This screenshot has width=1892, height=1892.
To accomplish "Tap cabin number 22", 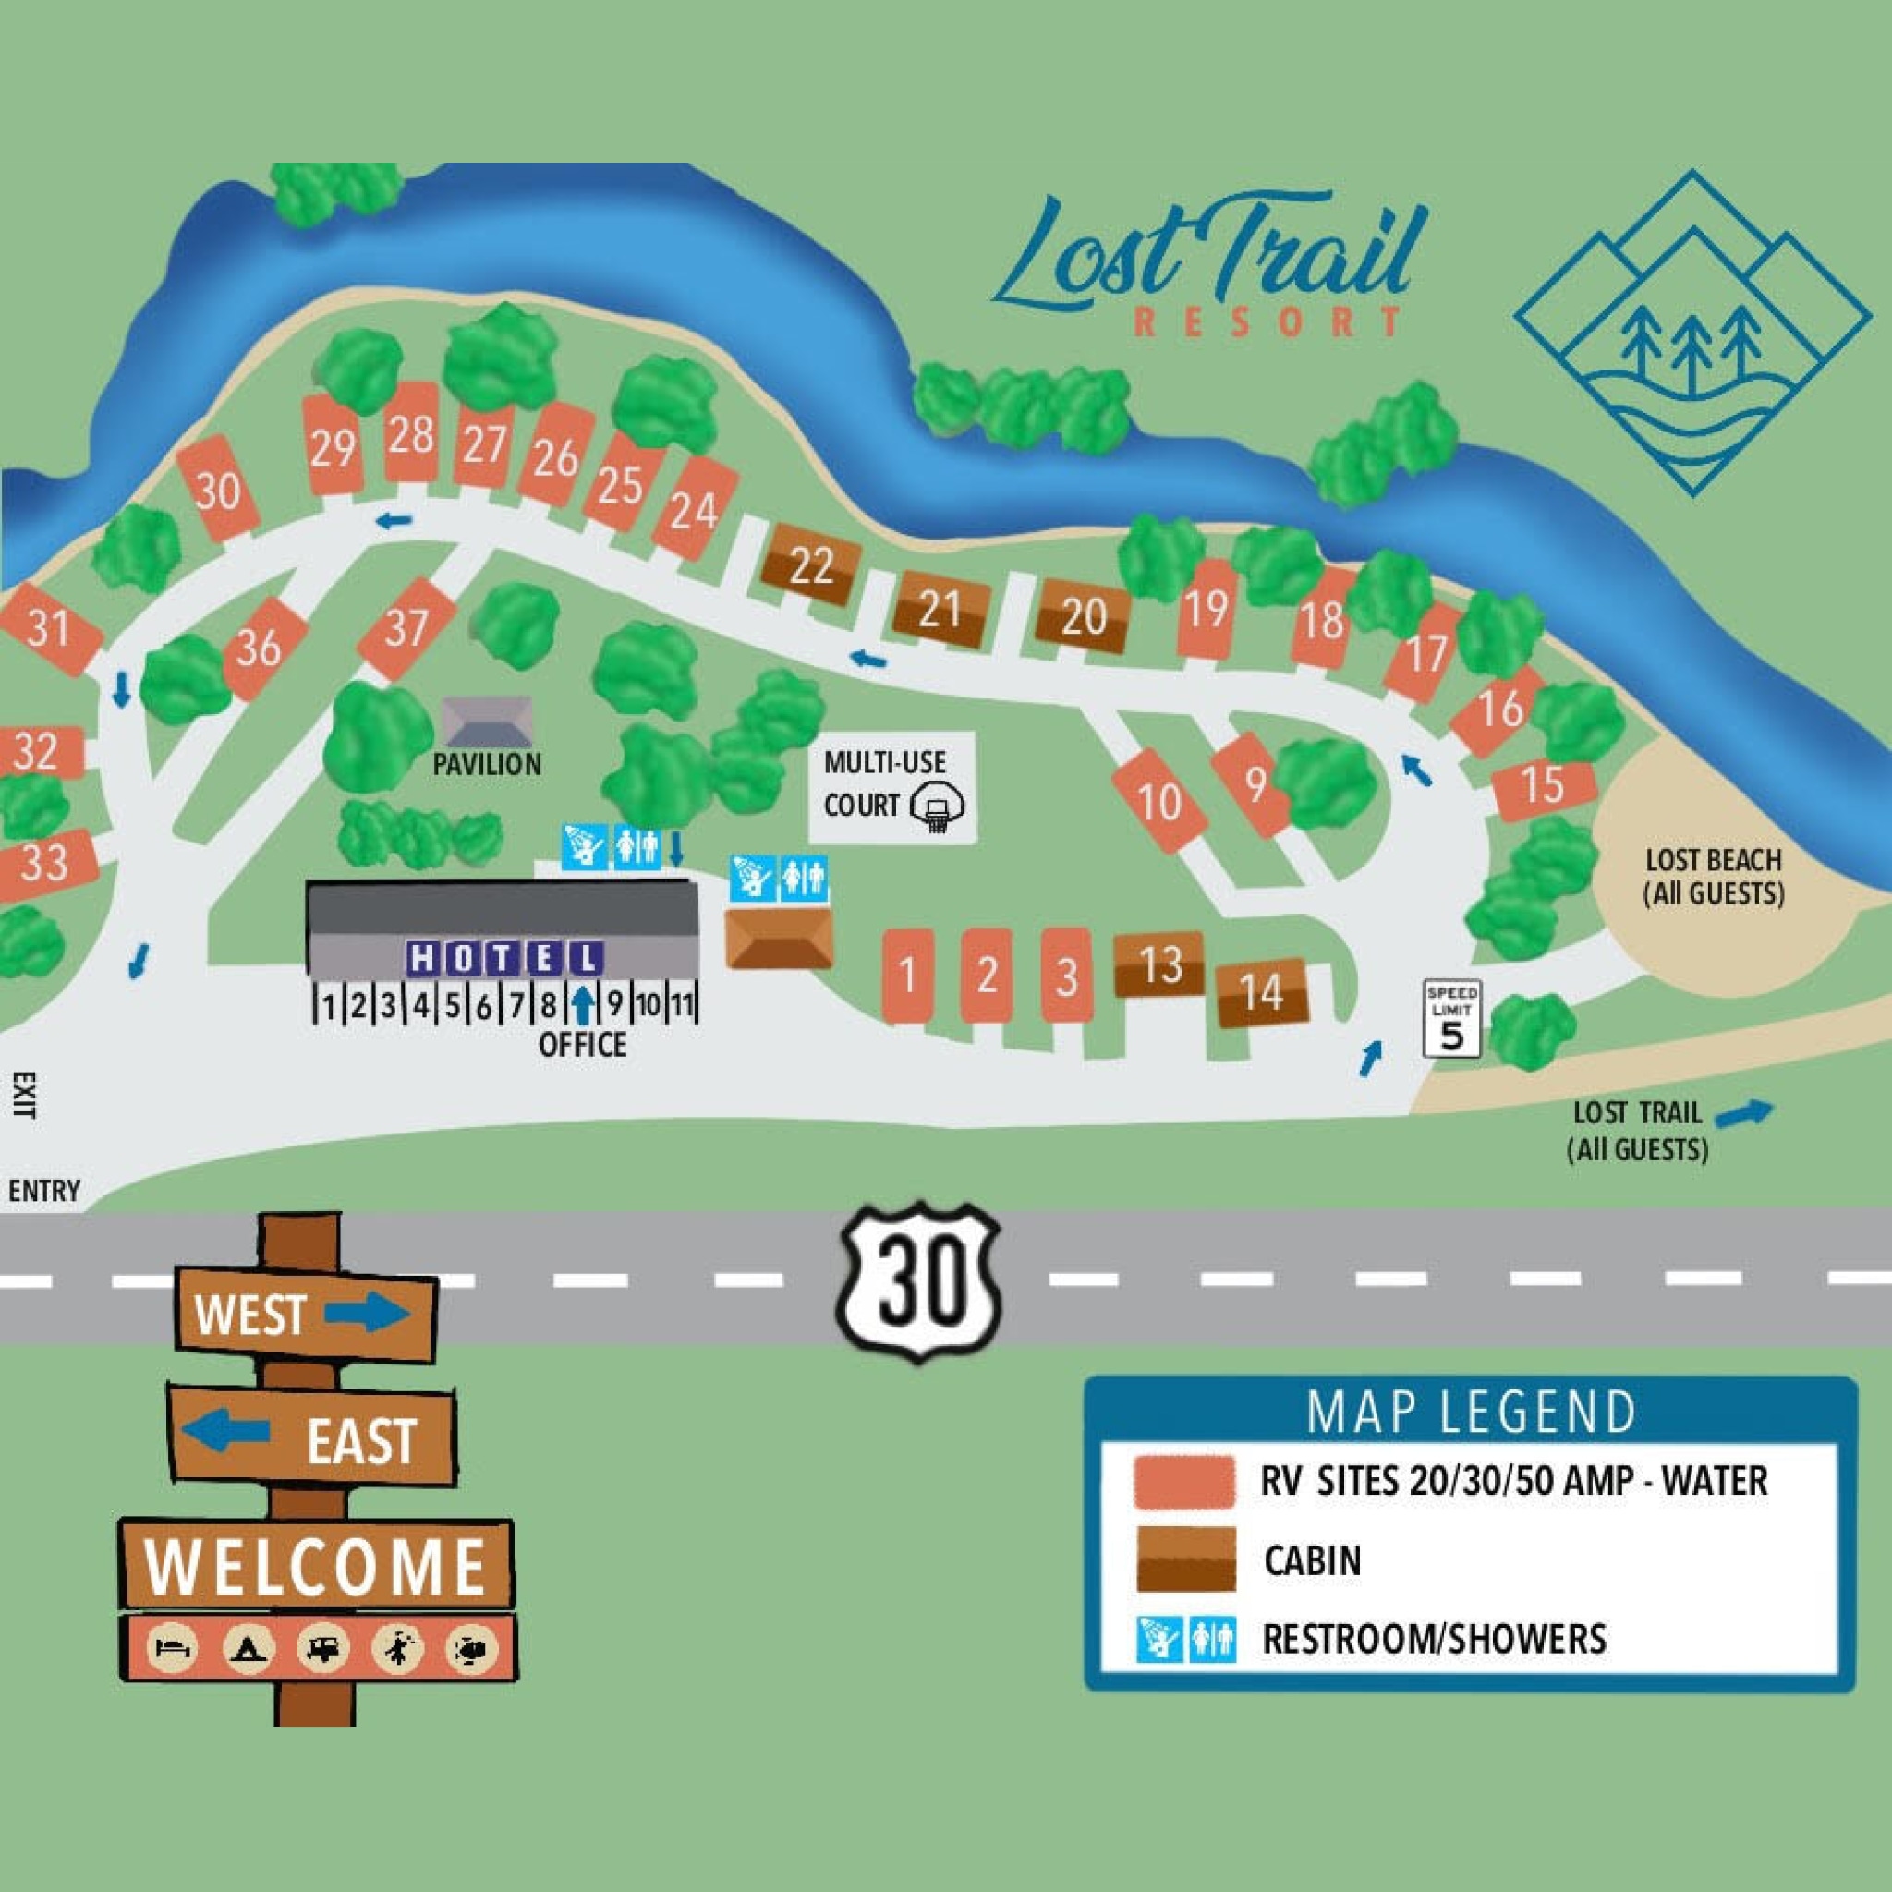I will (811, 567).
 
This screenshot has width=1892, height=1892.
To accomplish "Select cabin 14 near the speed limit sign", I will (1261, 992).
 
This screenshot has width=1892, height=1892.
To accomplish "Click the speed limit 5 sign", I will (1451, 1021).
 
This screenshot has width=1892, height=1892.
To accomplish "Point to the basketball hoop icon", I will (937, 810).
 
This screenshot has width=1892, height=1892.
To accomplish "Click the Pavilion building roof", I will (487, 722).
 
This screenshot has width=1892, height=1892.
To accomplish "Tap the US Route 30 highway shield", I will (918, 1280).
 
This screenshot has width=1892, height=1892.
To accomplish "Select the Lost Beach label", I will (1713, 877).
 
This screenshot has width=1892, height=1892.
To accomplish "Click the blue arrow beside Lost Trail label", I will (1745, 1111).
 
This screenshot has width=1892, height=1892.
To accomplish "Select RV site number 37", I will (406, 629).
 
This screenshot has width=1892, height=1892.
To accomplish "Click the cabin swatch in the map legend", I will (1186, 1560).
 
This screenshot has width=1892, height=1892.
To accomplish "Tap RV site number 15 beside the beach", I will (1544, 785).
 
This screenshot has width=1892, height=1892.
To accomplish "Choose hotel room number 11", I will (682, 1005).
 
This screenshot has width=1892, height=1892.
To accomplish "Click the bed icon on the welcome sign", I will (178, 1649).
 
